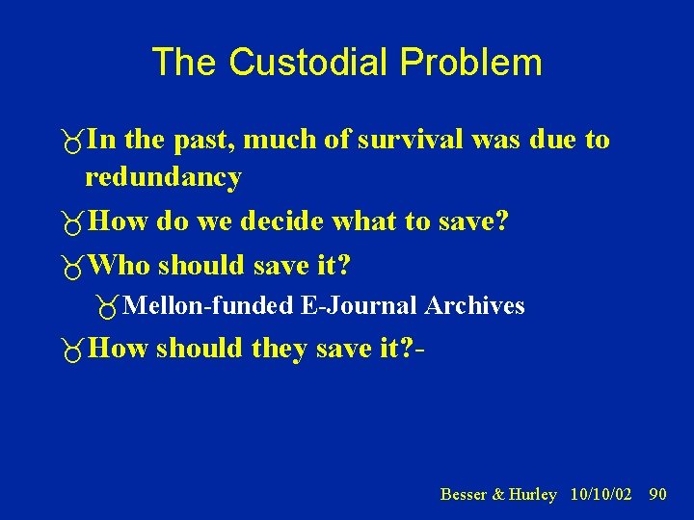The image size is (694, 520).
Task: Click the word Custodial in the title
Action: point(310,63)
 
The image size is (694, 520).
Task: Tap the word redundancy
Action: point(163,177)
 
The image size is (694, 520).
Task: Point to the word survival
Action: point(413,140)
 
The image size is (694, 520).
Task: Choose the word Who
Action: point(120,264)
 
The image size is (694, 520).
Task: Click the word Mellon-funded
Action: point(209,306)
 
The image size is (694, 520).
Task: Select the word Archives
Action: point(475,306)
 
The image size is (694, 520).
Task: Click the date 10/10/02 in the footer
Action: point(601,494)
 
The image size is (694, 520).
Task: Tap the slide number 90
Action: point(657,494)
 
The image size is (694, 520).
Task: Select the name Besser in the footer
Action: point(464,494)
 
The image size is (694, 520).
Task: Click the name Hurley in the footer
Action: point(533,494)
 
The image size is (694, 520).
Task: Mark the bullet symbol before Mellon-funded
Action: point(107,307)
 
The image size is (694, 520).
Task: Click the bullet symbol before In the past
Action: point(69,142)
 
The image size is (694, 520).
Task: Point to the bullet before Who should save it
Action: point(69,266)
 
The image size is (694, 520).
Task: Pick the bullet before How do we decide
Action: point(69,224)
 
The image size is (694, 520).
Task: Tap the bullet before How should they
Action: point(69,350)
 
